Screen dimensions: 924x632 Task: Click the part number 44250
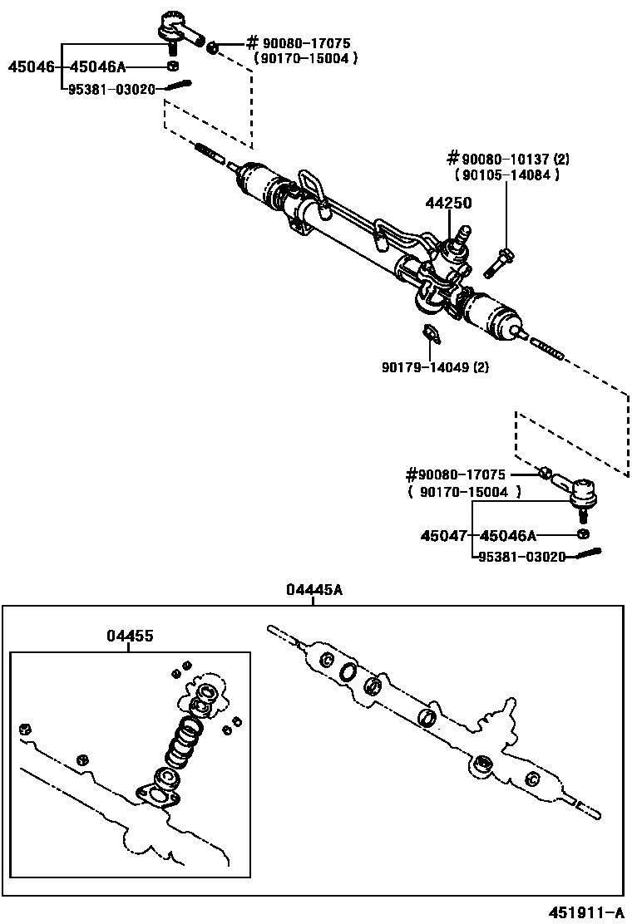pyautogui.click(x=449, y=203)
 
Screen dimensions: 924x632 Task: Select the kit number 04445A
pyautogui.click(x=314, y=590)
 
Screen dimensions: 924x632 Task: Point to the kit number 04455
pyautogui.click(x=130, y=636)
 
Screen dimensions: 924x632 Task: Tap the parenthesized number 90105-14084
pyautogui.click(x=506, y=174)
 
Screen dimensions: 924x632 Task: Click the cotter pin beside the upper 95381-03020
pyautogui.click(x=178, y=86)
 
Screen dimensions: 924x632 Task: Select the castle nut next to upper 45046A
pyautogui.click(x=172, y=66)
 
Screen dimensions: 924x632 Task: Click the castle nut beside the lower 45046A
pyautogui.click(x=584, y=533)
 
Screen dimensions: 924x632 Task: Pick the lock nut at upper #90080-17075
pyautogui.click(x=213, y=47)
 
